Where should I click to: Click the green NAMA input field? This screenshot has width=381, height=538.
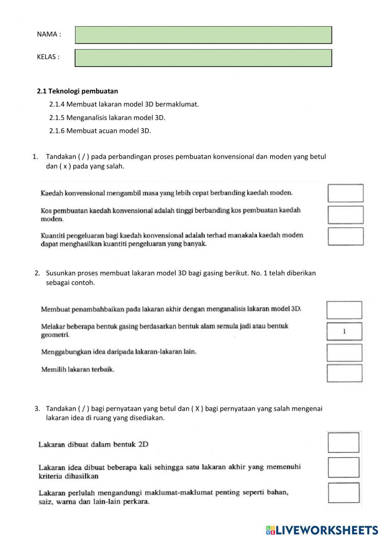pyautogui.click(x=203, y=35)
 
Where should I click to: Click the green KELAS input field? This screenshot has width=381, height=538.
pyautogui.click(x=203, y=58)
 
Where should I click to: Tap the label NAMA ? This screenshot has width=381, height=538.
pyautogui.click(x=49, y=34)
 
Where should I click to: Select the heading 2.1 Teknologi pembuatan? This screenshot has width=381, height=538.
pyautogui.click(x=77, y=91)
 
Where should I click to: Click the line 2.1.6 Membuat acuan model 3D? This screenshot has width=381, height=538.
pyautogui.click(x=100, y=131)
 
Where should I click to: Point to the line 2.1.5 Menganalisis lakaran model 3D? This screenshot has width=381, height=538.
pyautogui.click(x=107, y=118)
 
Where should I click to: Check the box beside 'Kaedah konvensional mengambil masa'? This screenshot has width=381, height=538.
pyautogui.click(x=345, y=193)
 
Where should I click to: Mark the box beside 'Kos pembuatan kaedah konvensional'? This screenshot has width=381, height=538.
pyautogui.click(x=345, y=215)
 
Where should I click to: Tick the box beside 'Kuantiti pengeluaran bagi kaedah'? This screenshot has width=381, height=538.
pyautogui.click(x=345, y=236)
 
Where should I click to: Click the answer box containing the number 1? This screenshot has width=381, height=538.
pyautogui.click(x=344, y=331)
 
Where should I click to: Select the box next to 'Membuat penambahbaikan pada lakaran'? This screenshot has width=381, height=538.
pyautogui.click(x=344, y=310)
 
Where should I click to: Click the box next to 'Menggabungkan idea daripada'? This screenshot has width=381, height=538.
pyautogui.click(x=344, y=353)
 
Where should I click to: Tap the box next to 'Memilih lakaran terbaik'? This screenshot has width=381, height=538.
pyautogui.click(x=344, y=374)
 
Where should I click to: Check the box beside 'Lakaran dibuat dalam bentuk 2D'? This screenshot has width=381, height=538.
pyautogui.click(x=343, y=442)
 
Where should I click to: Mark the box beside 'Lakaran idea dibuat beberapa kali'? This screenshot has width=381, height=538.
pyautogui.click(x=343, y=468)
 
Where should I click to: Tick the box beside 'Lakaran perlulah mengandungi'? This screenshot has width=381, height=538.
pyautogui.click(x=343, y=493)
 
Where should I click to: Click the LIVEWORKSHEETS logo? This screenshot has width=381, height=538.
pyautogui.click(x=322, y=530)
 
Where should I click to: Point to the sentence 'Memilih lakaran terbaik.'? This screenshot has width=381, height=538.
pyautogui.click(x=77, y=369)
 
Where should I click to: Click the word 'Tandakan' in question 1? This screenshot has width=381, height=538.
pyautogui.click(x=61, y=156)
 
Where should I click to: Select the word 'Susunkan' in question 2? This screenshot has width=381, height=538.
pyautogui.click(x=60, y=273)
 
